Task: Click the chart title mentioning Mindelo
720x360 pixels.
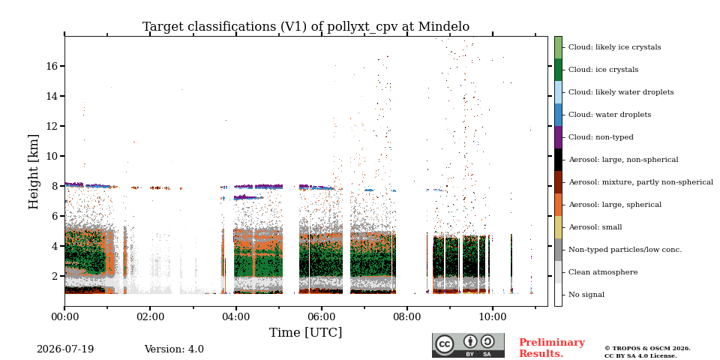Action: point(306,27)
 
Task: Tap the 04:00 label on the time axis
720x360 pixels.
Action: point(235,316)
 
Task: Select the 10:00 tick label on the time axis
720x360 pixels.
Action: point(493,316)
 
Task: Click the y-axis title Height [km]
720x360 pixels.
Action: point(34,172)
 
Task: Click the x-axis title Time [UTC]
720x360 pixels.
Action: point(306,332)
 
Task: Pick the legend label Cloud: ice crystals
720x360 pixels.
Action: point(603,70)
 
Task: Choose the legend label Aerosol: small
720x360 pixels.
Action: point(595,227)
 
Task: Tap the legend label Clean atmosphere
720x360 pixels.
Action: point(603,272)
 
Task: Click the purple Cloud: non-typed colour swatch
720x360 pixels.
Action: point(558,137)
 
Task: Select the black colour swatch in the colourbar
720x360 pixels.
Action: point(558,160)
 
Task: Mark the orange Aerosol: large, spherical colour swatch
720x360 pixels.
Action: point(558,205)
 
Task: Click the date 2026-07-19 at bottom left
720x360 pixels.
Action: point(65,349)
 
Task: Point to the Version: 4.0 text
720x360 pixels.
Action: point(174,349)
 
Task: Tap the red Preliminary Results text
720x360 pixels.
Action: point(552,348)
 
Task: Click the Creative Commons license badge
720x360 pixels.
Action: point(468,345)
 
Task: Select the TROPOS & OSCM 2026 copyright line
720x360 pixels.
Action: point(647,349)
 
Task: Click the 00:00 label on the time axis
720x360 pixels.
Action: point(64,316)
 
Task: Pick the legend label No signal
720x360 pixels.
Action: point(586,295)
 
